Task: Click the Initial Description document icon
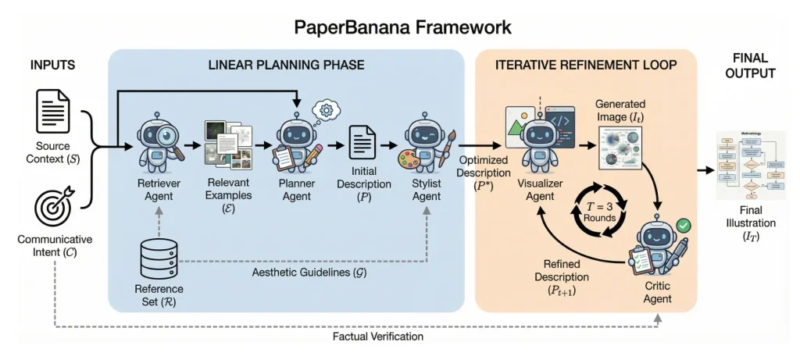click(x=360, y=144)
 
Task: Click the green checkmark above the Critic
click(x=684, y=226)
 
